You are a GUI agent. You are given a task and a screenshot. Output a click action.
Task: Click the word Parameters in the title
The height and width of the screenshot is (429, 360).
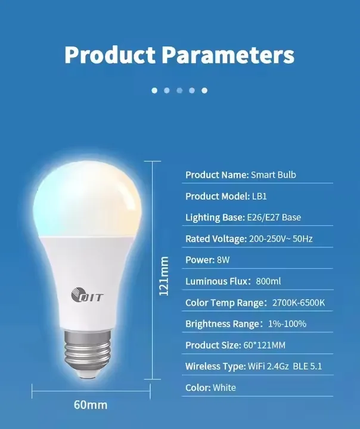[x=228, y=55]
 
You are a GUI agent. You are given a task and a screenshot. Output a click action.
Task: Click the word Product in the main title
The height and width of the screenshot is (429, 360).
[x=111, y=55]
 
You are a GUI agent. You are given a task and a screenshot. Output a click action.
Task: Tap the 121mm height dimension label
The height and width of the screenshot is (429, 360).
[x=165, y=276]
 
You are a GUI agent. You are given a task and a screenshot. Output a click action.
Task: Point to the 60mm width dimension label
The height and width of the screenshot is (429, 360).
[x=91, y=405]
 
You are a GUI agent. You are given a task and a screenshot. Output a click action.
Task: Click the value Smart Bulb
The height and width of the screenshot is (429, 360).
[x=273, y=175]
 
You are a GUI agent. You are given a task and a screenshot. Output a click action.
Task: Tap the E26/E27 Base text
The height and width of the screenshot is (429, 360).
[x=275, y=217]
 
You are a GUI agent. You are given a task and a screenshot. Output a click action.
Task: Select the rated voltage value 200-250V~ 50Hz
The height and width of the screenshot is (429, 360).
[x=281, y=239]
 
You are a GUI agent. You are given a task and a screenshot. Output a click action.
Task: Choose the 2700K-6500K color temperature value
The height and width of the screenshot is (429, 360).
[x=298, y=303]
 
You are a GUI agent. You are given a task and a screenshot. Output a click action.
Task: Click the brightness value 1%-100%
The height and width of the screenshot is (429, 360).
[x=286, y=324]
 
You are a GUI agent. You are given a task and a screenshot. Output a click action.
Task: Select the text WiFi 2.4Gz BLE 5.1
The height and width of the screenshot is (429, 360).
[x=285, y=366]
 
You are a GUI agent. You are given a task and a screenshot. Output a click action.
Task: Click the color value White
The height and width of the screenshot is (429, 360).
[x=225, y=387]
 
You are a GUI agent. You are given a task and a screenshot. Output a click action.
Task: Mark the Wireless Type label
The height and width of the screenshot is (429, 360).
[x=215, y=366]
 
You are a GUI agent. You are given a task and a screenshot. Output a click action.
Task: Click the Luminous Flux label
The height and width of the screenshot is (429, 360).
[x=214, y=281]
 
